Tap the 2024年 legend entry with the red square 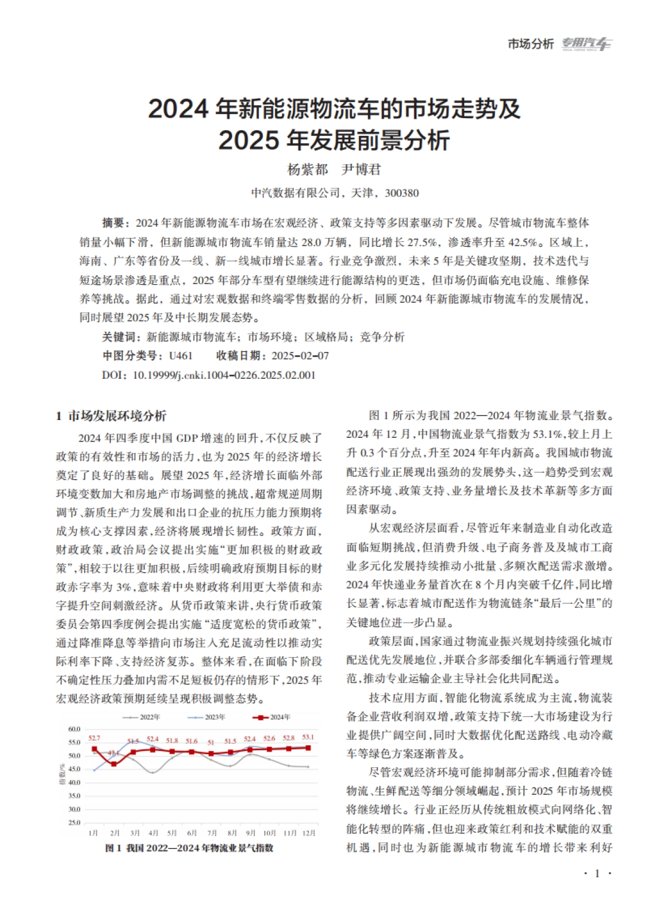pyautogui.click(x=272, y=717)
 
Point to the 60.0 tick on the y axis pyautogui.click(x=74, y=729)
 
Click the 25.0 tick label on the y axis pyautogui.click(x=74, y=823)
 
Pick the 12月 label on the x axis pyautogui.click(x=308, y=833)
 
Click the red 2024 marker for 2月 pyautogui.click(x=114, y=764)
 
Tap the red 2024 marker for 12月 pyautogui.click(x=308, y=748)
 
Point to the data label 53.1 pyautogui.click(x=308, y=738)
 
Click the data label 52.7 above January pyautogui.click(x=94, y=738)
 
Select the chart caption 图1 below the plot pyautogui.click(x=189, y=848)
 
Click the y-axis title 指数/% pyautogui.click(x=62, y=775)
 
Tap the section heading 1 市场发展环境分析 pyautogui.click(x=111, y=416)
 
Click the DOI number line pyautogui.click(x=209, y=375)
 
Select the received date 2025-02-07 pyautogui.click(x=300, y=356)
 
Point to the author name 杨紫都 pyautogui.click(x=307, y=169)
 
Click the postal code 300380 pyautogui.click(x=401, y=193)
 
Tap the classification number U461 pyautogui.click(x=180, y=356)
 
